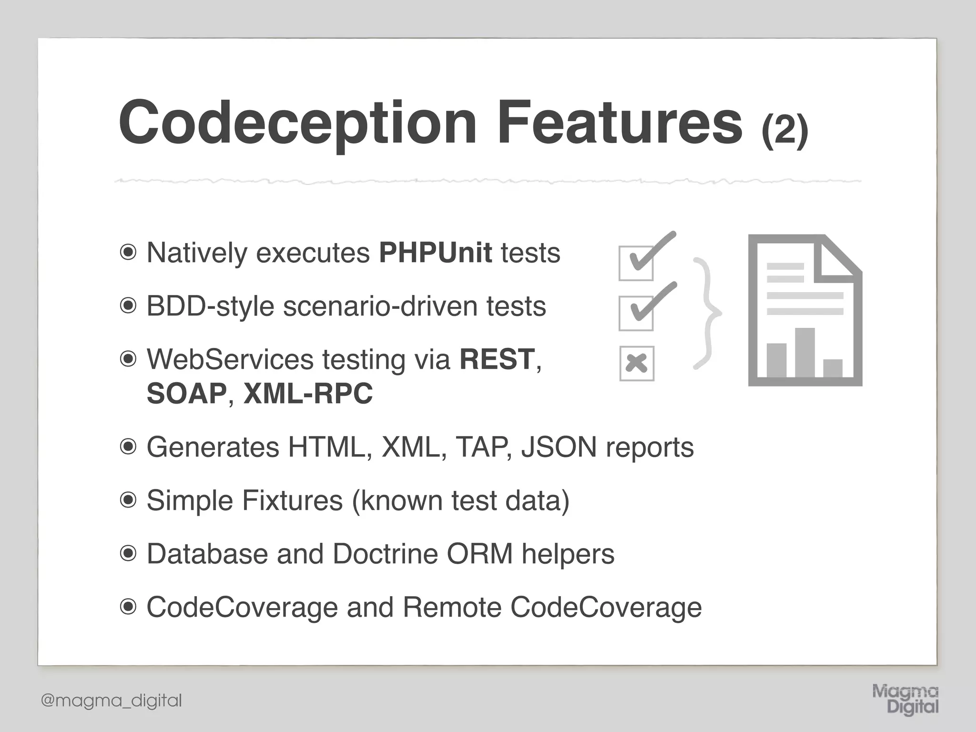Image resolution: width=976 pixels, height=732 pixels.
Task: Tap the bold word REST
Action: point(497,359)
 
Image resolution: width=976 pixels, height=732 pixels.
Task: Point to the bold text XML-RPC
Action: point(308,394)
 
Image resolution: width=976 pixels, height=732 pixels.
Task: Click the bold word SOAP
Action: point(186,394)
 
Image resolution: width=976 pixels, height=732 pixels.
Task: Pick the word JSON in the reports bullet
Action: point(559,447)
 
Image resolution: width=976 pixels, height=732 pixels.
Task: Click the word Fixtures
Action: point(292,500)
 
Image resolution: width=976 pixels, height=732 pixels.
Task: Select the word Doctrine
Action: point(385,554)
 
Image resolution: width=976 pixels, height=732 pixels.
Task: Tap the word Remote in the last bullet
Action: point(452,607)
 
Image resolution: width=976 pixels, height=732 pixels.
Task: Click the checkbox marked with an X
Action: point(637,364)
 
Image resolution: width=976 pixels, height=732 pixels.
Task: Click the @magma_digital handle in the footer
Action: point(112,701)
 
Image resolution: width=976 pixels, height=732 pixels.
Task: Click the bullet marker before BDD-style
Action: point(128,305)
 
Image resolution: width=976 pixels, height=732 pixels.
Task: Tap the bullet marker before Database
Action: point(128,554)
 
